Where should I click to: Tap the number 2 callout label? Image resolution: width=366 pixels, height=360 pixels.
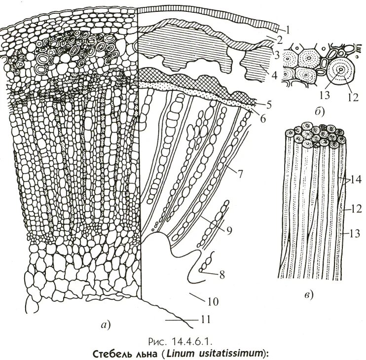(279, 38)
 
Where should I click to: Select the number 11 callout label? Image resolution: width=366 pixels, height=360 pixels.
(206, 320)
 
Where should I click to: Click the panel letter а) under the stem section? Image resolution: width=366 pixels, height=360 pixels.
(106, 324)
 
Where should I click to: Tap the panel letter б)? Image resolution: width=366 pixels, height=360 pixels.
(319, 111)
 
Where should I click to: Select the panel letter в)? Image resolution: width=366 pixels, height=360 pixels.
(308, 295)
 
